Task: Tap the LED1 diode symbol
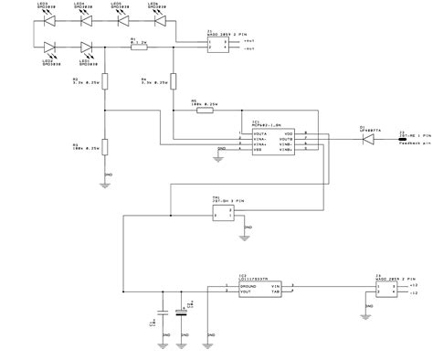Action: click(88, 48)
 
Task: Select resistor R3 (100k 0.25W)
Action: click(106, 146)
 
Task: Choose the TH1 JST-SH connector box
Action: click(222, 214)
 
